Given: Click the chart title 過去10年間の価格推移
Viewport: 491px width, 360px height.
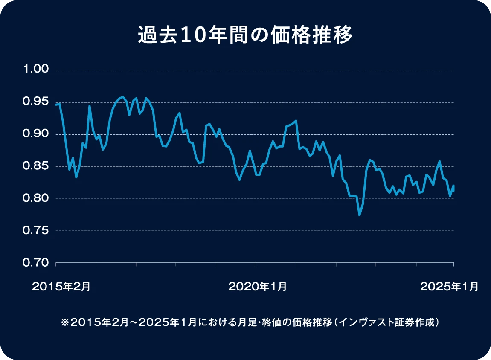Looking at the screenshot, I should [x=245, y=35].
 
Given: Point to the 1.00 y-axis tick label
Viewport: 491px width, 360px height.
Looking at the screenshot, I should [x=37, y=70].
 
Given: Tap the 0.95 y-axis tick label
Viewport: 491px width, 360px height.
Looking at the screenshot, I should [x=37, y=102].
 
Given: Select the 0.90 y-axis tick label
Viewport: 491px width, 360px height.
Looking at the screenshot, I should [x=37, y=134].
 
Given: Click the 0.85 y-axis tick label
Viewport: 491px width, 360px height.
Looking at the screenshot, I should [x=37, y=166].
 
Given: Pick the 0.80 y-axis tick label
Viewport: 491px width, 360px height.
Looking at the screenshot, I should [x=37, y=198].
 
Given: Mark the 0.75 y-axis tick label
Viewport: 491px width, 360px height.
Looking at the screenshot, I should [x=37, y=230].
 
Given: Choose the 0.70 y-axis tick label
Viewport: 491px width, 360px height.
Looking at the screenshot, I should [x=37, y=263].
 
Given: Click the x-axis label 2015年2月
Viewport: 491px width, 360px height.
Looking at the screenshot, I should [x=61, y=287].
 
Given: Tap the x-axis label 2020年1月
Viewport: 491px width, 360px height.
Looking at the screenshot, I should [x=257, y=287].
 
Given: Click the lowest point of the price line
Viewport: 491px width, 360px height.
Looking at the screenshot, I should [x=360, y=215].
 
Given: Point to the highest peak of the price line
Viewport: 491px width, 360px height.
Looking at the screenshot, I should [x=123, y=97].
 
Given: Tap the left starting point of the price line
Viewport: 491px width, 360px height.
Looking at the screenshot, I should [x=56, y=104].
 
